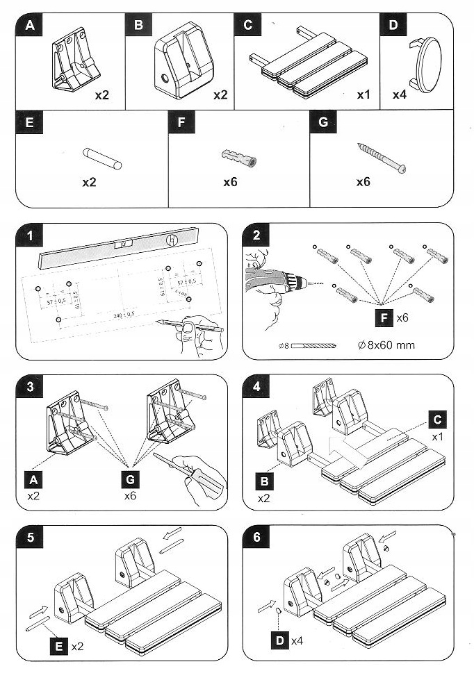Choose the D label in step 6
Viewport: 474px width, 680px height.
click(x=280, y=638)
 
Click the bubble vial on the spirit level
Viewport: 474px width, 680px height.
click(x=126, y=244)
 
